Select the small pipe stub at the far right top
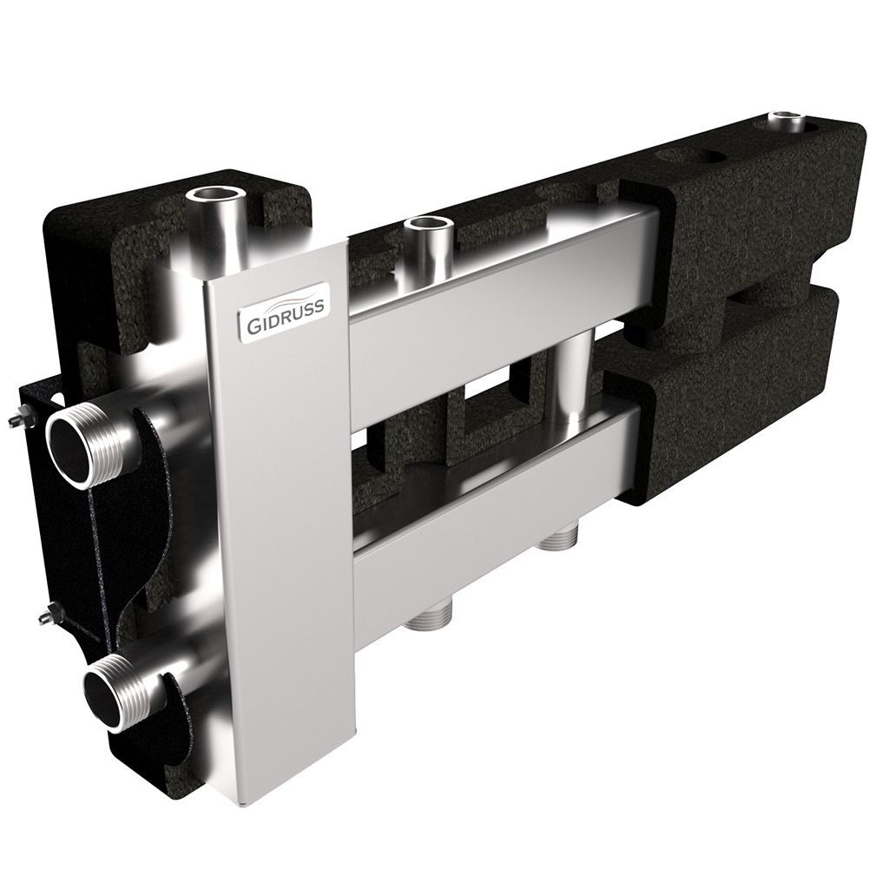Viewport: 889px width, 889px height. (790, 121)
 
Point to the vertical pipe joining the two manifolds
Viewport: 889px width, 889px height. (570, 373)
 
